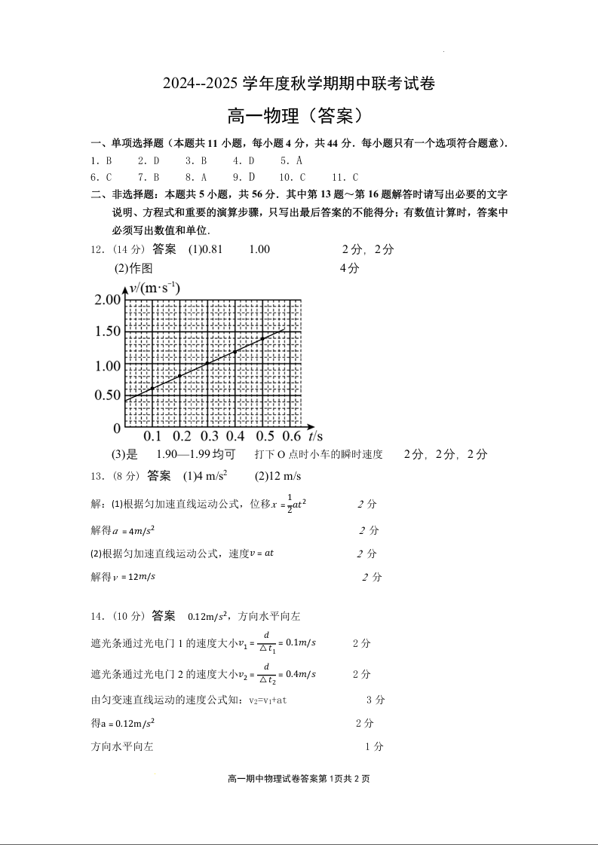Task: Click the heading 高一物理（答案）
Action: (299, 116)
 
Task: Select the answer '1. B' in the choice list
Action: (101, 160)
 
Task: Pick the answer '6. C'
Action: (101, 178)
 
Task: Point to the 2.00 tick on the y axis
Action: (107, 300)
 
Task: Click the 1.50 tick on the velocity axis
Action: (107, 332)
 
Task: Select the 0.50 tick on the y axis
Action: (107, 395)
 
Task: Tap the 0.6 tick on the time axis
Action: (292, 436)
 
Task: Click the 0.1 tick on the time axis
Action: (152, 436)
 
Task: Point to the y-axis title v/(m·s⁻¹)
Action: (155, 288)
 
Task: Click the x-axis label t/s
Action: (316, 436)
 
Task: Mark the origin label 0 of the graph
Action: (116, 429)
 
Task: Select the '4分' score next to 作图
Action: (349, 268)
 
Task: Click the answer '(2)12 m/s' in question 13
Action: (278, 476)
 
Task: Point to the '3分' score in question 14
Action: (376, 700)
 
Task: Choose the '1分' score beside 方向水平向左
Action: (374, 746)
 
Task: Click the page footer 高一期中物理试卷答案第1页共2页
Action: (299, 779)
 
